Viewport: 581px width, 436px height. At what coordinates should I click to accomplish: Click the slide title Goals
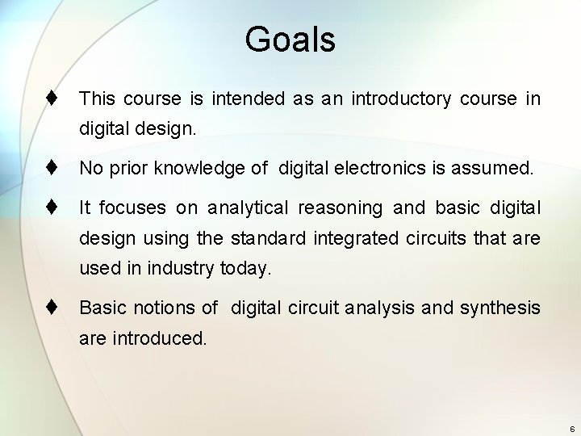tap(290, 39)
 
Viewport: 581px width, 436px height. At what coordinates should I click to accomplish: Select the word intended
tap(248, 99)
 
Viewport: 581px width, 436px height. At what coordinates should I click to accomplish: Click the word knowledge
tap(194, 169)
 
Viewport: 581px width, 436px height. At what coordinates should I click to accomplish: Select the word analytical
tap(247, 208)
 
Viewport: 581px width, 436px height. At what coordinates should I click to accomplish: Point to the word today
tap(245, 269)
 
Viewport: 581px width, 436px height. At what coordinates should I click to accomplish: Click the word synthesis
tap(500, 308)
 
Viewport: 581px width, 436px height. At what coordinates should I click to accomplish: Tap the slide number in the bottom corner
tap(571, 428)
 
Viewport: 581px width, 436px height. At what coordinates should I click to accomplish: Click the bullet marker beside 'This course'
tap(50, 99)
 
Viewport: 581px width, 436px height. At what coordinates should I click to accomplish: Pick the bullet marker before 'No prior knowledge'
tap(50, 169)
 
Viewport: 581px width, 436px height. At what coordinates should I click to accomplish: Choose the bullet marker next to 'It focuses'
tap(50, 208)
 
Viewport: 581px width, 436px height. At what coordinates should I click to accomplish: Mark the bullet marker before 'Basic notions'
tap(50, 308)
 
